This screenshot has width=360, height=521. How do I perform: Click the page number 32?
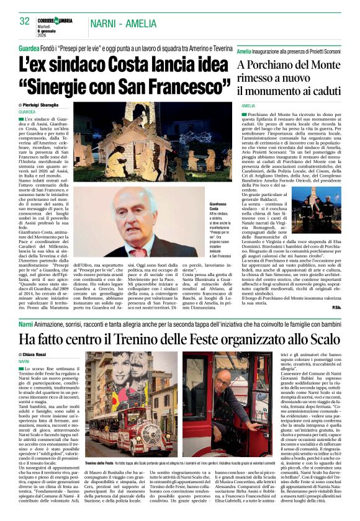24,21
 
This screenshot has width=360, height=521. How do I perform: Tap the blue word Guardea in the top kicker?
29,48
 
